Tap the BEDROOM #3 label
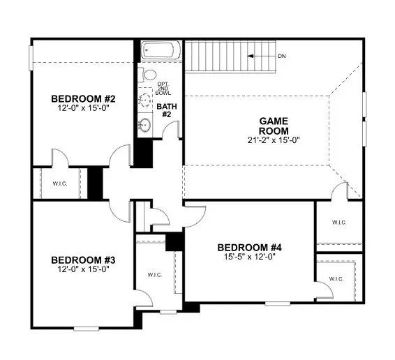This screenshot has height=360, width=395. coord(83,260)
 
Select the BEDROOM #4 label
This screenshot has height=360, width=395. coord(249,248)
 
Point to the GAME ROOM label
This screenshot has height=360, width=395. coord(273,126)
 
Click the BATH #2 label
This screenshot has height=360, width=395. coord(165,110)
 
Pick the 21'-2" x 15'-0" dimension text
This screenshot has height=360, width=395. coord(273,140)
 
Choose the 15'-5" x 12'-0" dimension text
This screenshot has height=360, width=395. coord(249,257)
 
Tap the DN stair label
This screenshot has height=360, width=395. coord(281,56)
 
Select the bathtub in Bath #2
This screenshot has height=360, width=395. coord(161,52)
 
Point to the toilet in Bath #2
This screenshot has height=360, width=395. coord(148,75)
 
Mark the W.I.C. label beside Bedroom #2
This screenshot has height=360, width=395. coord(59,184)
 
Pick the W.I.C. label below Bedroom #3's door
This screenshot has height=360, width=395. coord(154,275)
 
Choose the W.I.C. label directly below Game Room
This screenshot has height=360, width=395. coord(339,223)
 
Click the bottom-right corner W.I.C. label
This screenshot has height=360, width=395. coord(336,279)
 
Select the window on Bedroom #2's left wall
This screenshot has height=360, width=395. coord(30,57)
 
